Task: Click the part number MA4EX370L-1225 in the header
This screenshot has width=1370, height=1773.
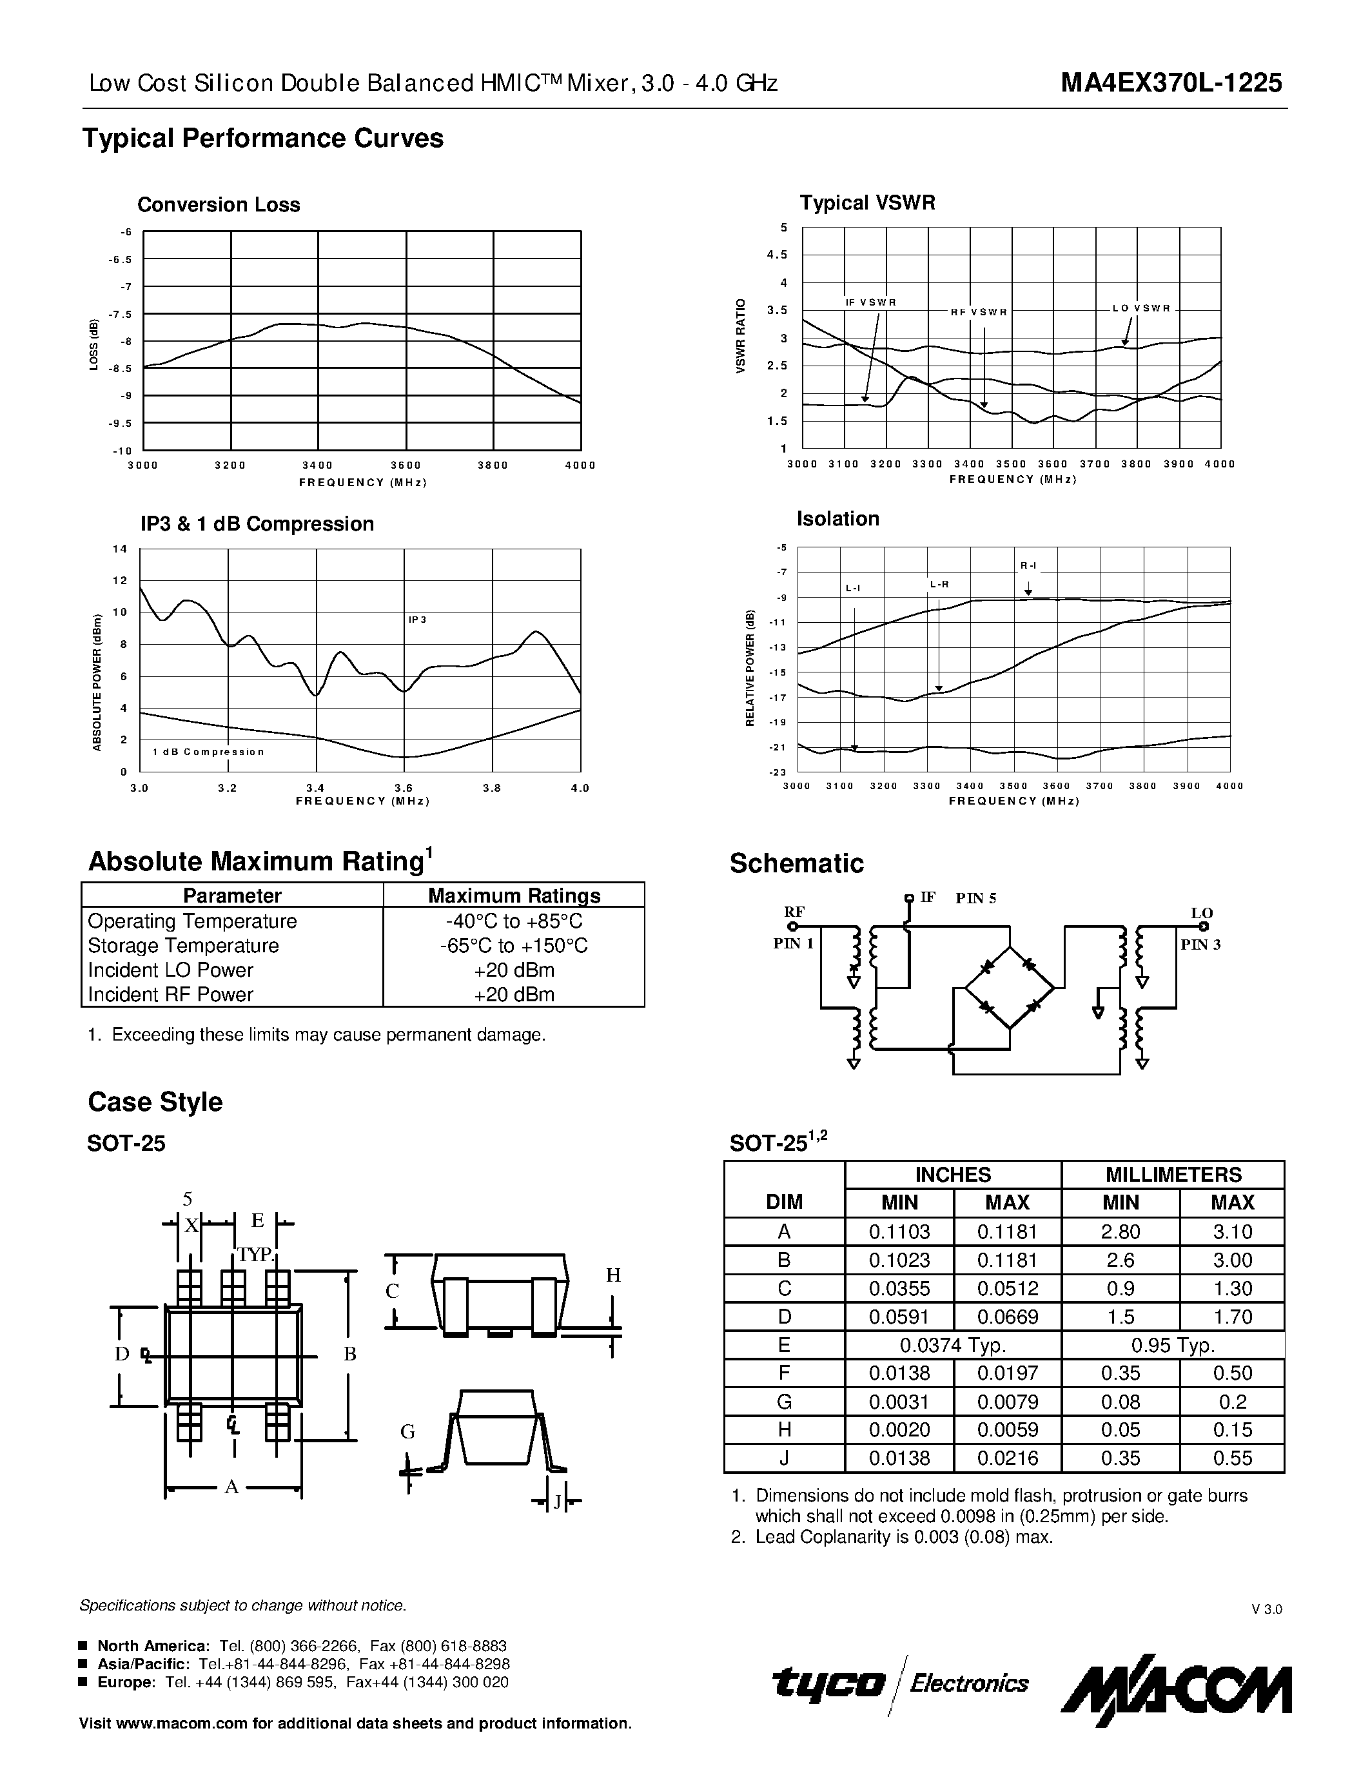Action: click(x=1171, y=83)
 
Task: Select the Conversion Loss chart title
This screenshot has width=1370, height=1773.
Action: click(x=219, y=204)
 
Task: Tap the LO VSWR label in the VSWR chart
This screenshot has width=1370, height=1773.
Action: click(x=1141, y=308)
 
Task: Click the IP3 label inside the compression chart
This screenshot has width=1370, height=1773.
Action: click(x=417, y=620)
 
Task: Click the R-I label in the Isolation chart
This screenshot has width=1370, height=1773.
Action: click(x=1028, y=566)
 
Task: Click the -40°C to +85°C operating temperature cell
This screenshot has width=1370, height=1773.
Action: click(x=514, y=921)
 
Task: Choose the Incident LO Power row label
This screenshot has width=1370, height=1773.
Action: click(x=170, y=970)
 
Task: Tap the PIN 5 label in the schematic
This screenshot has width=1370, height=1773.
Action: click(x=975, y=898)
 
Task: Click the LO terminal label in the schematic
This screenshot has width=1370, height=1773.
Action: click(x=1202, y=914)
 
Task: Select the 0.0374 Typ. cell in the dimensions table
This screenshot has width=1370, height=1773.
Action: click(x=953, y=1345)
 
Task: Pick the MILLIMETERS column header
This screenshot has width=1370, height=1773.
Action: click(x=1173, y=1175)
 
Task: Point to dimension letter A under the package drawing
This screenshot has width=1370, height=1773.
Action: click(x=231, y=1487)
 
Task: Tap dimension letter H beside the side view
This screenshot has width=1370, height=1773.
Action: click(x=614, y=1275)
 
